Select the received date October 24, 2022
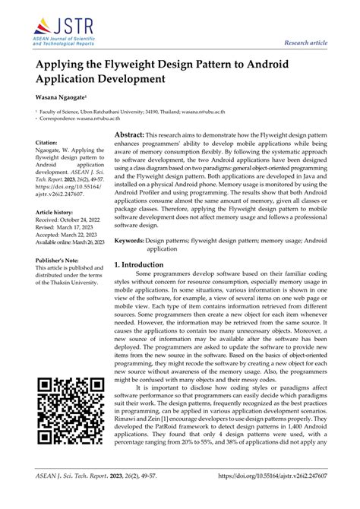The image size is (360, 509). click(x=77, y=222)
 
